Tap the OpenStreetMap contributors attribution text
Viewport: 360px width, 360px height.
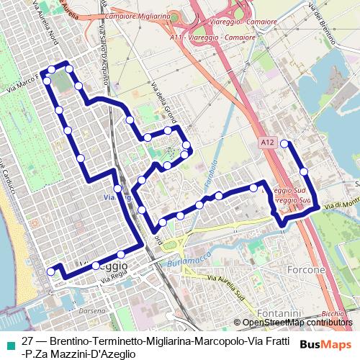[x=297, y=322]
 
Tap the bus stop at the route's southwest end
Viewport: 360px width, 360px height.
[x=50, y=271]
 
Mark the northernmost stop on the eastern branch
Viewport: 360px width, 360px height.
[x=284, y=143]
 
